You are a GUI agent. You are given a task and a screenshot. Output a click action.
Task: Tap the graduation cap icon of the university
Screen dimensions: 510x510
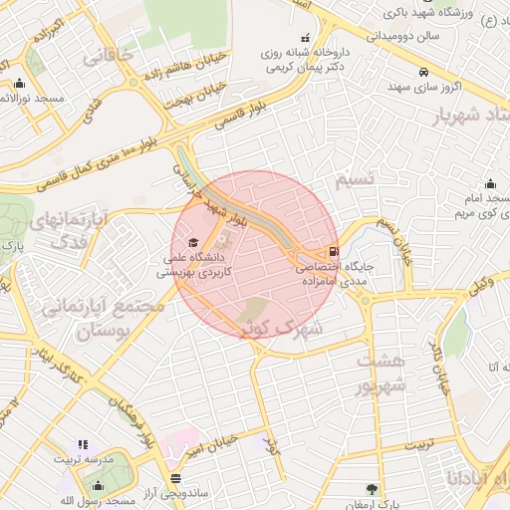[x=193, y=242]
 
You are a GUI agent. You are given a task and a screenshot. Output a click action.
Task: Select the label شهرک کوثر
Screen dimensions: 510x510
[x=285, y=326]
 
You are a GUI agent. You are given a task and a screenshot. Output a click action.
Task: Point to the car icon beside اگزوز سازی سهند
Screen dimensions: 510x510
[x=425, y=72]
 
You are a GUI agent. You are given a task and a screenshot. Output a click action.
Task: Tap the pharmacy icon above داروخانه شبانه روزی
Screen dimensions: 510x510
[x=304, y=38]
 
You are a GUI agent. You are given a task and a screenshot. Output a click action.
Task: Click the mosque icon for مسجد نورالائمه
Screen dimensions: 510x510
[x=20, y=84]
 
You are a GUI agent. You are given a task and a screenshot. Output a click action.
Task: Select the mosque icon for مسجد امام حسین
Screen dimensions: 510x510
[x=490, y=183]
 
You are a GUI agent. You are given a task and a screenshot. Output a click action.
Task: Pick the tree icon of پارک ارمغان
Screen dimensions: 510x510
[x=372, y=489]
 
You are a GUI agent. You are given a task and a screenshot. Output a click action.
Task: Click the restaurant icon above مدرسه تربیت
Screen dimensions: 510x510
[x=83, y=445]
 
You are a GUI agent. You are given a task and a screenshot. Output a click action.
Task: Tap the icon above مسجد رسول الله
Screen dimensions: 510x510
[x=98, y=485]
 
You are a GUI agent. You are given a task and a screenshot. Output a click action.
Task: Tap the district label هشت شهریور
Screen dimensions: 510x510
[x=383, y=373]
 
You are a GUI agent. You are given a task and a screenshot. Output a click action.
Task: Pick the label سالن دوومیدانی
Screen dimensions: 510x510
[x=380, y=35]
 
